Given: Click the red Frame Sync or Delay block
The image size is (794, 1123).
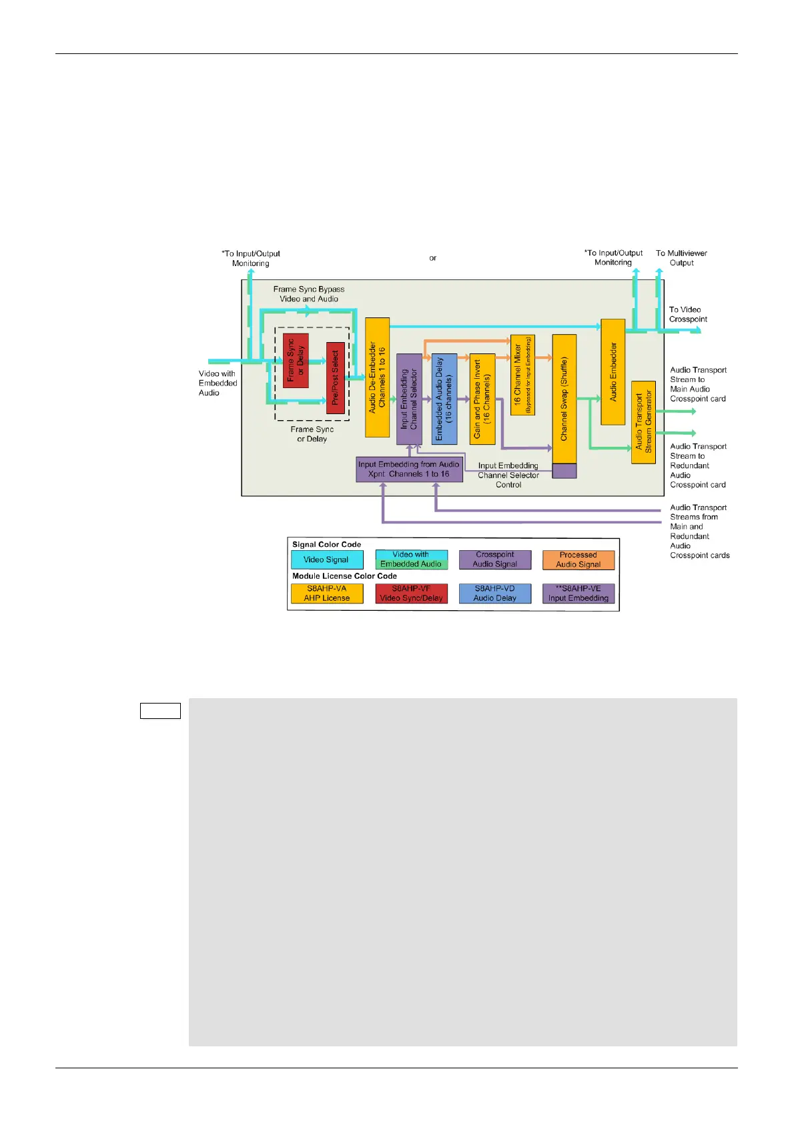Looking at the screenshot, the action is point(296,361).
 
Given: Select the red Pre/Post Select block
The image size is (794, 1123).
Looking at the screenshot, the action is point(335,378).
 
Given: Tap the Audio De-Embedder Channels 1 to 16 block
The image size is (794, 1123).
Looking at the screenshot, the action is point(377,377).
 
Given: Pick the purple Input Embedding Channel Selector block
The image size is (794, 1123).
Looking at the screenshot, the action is point(409,399).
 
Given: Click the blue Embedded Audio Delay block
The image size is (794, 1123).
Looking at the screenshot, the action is point(444,399).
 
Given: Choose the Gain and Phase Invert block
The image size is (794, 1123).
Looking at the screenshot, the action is point(482,399).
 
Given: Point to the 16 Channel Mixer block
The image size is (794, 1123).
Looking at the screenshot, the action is point(522,375).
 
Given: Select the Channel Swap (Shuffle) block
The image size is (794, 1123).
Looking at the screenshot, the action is point(564,399).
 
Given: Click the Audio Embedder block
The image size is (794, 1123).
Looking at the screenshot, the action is point(613,371).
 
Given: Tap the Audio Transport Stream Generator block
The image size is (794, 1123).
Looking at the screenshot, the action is point(643,422).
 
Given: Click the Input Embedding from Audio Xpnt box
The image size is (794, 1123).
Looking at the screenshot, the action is point(409,469).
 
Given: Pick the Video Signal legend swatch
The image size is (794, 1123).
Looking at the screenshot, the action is point(327,559).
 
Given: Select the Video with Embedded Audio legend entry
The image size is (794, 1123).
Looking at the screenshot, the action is point(411,559).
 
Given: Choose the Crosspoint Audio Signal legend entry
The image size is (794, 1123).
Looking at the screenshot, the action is point(495,559).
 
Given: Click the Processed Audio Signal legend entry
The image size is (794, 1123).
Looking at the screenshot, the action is point(578,559).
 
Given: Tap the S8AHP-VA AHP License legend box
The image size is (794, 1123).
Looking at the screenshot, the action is point(327,594).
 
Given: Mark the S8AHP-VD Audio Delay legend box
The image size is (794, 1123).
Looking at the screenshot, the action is point(495,594).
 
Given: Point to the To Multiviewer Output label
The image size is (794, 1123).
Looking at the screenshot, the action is point(681,258).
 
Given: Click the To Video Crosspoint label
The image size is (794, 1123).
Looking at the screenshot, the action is point(688,314).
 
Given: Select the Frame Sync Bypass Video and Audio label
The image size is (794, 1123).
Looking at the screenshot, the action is point(309,294).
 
